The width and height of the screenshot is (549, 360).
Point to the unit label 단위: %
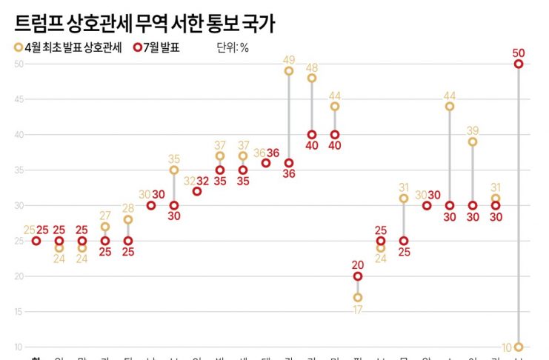tap(232, 48)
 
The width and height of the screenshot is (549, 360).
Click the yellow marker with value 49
tap(289, 71)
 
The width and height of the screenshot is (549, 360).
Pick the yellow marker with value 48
tap(312, 78)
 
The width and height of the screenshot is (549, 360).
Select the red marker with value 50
tap(519, 64)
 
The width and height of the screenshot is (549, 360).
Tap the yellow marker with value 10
tap(519, 347)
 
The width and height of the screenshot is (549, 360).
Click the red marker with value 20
tap(358, 276)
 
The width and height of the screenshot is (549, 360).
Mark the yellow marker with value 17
tap(358, 298)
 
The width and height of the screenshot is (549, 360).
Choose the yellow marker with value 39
tap(473, 141)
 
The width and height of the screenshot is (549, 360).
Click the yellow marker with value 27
tap(105, 227)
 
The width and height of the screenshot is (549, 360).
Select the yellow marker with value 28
tap(128, 219)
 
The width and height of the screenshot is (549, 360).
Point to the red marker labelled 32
tap(197, 191)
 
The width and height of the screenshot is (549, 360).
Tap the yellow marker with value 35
tap(174, 170)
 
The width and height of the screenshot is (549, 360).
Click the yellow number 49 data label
tap(289, 59)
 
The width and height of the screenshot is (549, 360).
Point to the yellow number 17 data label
tap(358, 310)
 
